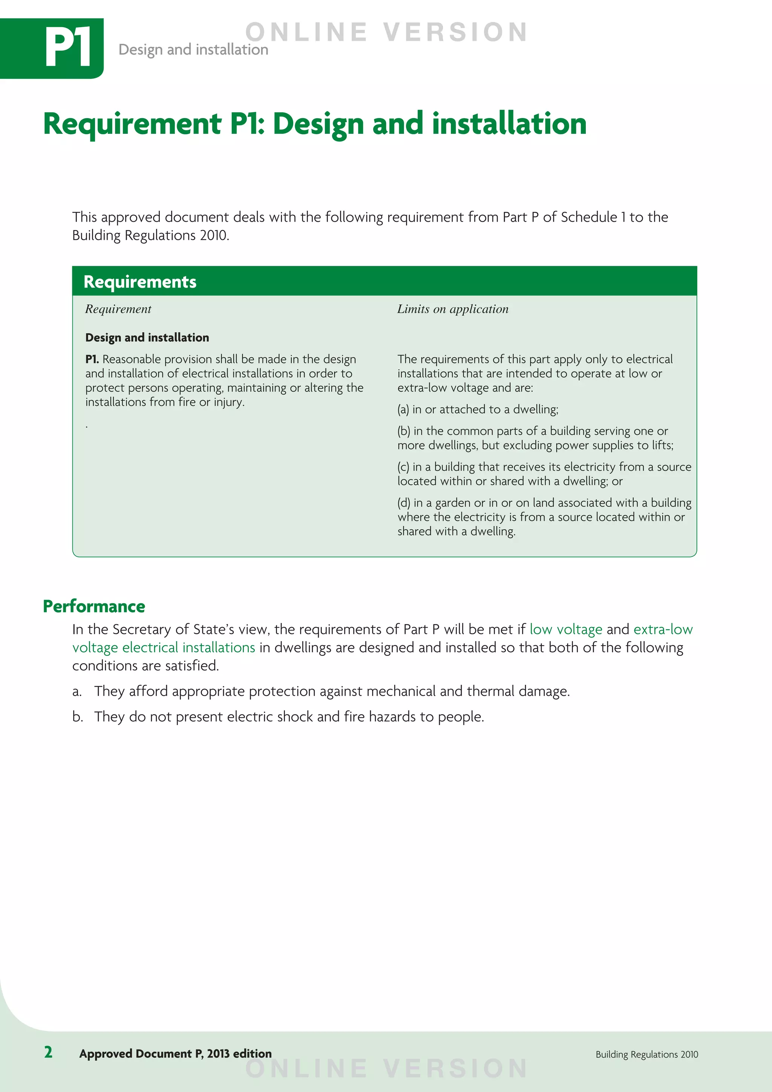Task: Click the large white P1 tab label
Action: point(68,48)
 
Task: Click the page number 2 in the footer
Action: point(48,1052)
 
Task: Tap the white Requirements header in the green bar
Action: point(140,282)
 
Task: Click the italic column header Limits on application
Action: point(453,309)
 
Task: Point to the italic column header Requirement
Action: point(118,309)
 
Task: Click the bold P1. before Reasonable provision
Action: point(92,359)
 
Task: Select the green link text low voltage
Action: point(566,629)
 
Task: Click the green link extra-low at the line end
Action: point(663,629)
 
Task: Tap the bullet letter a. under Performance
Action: point(77,692)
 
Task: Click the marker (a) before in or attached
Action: point(403,409)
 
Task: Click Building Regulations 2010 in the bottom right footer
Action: point(646,1054)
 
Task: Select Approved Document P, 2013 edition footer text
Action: point(175,1054)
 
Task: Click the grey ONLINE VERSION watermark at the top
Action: point(386,32)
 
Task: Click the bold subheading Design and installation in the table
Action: point(147,338)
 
